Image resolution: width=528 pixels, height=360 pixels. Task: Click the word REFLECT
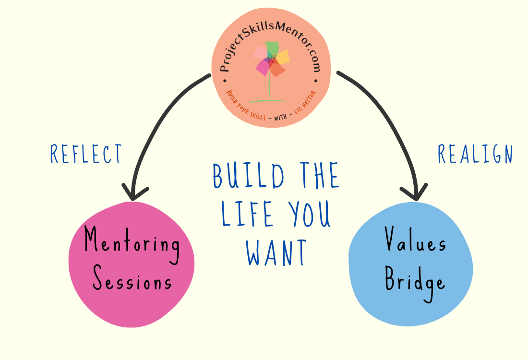coord(86,154)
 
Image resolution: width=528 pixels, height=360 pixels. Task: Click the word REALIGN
coord(475,154)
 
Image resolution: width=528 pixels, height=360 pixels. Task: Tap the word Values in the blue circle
coord(416,240)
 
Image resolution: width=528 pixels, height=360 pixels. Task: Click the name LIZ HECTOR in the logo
coord(304,104)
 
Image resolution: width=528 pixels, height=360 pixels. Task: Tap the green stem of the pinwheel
coord(269,86)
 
